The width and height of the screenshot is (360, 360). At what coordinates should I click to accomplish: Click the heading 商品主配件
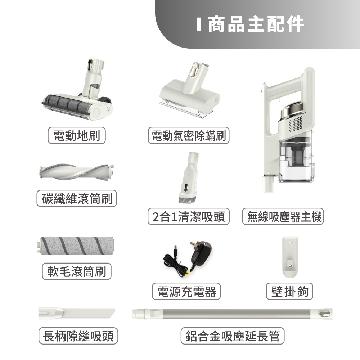pyautogui.click(x=256, y=24)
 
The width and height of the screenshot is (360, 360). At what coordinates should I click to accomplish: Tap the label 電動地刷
pyautogui.click(x=77, y=135)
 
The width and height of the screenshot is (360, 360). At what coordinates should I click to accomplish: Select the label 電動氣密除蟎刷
pyautogui.click(x=189, y=135)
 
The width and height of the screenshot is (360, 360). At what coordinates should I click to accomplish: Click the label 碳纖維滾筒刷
pyautogui.click(x=77, y=198)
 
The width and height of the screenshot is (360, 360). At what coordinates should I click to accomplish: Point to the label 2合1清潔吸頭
pyautogui.click(x=189, y=216)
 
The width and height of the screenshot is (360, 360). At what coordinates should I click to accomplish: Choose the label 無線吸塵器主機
pyautogui.click(x=283, y=216)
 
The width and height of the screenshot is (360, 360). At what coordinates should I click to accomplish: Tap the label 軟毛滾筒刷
pyautogui.click(x=77, y=271)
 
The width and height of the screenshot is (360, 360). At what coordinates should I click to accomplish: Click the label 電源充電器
pyautogui.click(x=186, y=291)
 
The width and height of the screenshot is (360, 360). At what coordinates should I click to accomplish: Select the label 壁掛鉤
pyautogui.click(x=289, y=291)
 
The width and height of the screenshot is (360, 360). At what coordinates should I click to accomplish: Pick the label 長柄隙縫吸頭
pyautogui.click(x=78, y=336)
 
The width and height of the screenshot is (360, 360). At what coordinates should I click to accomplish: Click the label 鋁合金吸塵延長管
pyautogui.click(x=232, y=336)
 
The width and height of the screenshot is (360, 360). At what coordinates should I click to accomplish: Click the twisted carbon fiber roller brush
pyautogui.click(x=77, y=172)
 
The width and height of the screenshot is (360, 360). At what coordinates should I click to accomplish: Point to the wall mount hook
pyautogui.click(x=290, y=256)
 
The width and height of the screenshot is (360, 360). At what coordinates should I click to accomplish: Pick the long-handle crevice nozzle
pyautogui.click(x=77, y=313)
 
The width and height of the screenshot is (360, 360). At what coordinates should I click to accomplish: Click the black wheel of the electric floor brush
pyautogui.click(x=107, y=99)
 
